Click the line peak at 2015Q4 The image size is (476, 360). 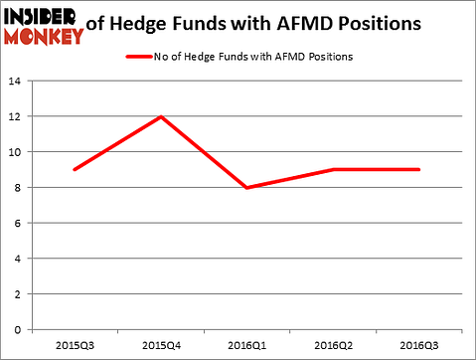(x=161, y=116)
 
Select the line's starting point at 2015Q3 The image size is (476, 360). (x=75, y=169)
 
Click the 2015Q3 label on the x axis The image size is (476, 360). (x=75, y=346)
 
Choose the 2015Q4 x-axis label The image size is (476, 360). (x=161, y=346)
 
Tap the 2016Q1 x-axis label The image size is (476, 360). (x=247, y=346)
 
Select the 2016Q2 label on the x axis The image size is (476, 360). (x=333, y=346)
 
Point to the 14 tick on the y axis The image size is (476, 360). (x=19, y=82)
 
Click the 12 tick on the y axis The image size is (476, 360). (x=19, y=116)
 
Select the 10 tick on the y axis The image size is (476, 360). (x=19, y=152)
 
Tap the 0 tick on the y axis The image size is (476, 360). (x=22, y=329)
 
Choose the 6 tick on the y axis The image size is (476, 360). (x=22, y=223)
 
